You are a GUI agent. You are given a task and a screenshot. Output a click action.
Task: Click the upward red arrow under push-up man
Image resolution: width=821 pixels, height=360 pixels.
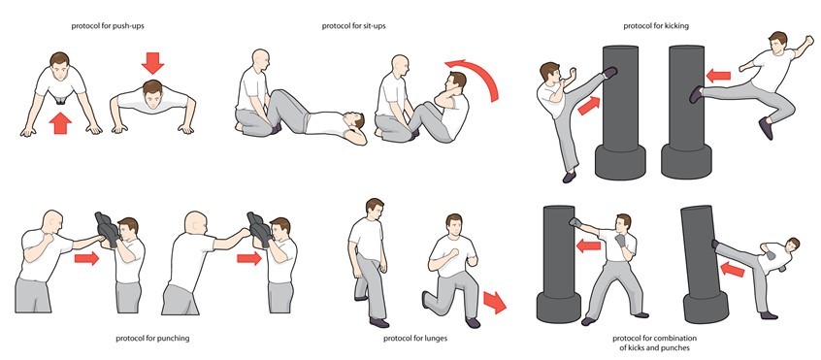60,122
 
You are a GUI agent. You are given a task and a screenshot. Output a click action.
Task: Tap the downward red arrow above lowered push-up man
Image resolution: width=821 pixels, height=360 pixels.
152,63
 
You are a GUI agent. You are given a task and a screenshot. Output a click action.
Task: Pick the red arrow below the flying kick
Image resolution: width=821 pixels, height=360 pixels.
719,75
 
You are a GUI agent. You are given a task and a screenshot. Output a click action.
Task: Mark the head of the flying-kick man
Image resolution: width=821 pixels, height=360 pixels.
778,44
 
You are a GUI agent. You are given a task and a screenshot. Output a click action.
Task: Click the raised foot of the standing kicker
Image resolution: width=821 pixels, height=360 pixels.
609,72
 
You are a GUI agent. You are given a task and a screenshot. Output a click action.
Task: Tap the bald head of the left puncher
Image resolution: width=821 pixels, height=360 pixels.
52,220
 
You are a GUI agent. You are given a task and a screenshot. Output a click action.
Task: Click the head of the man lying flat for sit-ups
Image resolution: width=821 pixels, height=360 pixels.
356,124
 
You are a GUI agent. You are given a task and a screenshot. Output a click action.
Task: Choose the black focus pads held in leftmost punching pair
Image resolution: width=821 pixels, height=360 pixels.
108,229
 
